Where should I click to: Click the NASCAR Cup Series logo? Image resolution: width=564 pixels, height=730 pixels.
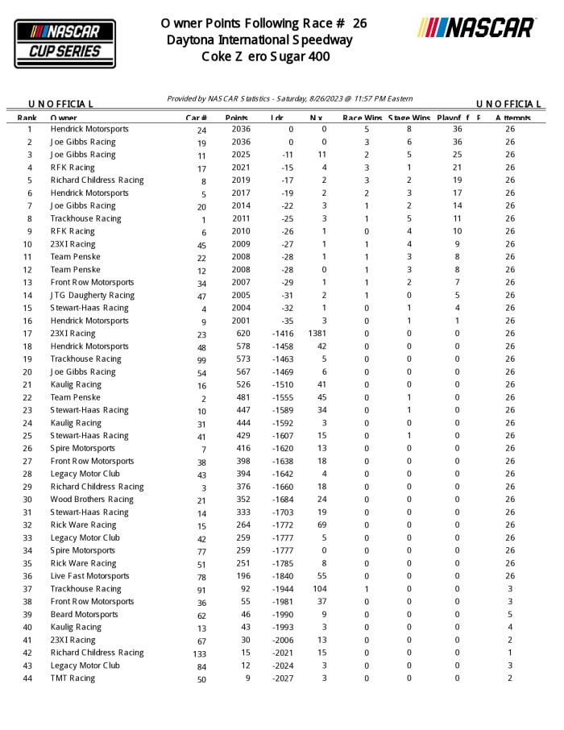click(65, 43)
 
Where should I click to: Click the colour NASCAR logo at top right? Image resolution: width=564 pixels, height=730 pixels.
click(476, 28)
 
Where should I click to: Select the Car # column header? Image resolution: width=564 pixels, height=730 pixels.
click(197, 118)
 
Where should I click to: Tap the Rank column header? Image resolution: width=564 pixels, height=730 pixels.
click(27, 118)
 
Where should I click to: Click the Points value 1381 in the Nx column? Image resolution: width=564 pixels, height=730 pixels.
click(317, 334)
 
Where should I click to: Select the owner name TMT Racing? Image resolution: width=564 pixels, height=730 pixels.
click(73, 678)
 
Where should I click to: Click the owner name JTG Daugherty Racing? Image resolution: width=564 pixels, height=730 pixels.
click(93, 296)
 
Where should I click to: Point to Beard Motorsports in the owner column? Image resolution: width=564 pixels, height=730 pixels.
click(84, 615)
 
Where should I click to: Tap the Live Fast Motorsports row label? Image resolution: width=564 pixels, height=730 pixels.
click(89, 576)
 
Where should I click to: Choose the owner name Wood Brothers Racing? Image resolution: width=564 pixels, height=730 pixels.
click(92, 500)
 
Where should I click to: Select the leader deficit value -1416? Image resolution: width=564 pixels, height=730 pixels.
click(282, 334)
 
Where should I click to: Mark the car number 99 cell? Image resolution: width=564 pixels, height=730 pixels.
click(201, 359)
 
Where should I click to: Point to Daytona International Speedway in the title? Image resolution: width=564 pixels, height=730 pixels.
click(260, 40)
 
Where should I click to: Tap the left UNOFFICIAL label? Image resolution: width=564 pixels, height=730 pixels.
click(61, 104)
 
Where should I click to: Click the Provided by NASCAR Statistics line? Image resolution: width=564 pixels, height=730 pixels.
click(290, 98)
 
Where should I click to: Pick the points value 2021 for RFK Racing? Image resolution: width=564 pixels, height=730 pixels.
click(241, 168)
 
